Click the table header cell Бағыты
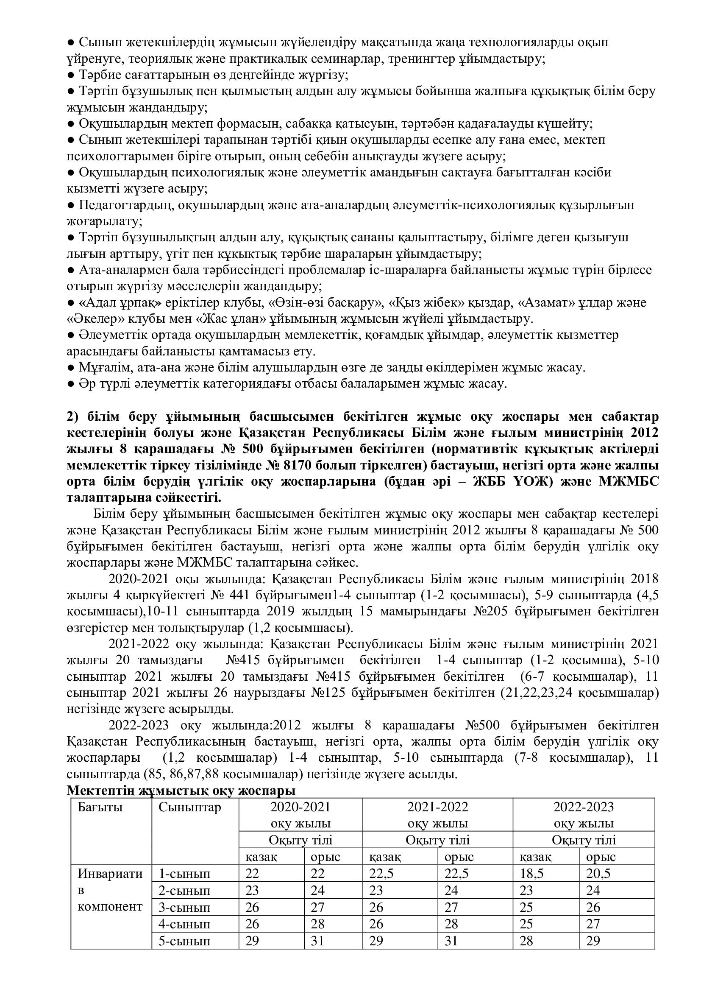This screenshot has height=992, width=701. pos(100,807)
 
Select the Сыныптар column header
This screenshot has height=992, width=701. pos(189,807)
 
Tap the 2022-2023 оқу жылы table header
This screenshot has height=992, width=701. pos(584,815)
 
